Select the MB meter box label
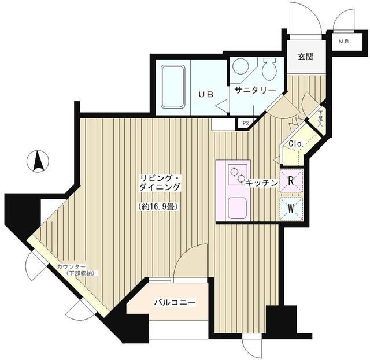[x=344, y=42]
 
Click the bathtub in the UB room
[x=173, y=86]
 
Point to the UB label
[x=206, y=94]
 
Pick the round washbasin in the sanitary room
[x=240, y=67]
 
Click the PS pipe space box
[x=246, y=123]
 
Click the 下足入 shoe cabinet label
[x=321, y=123]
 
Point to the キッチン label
[x=260, y=183]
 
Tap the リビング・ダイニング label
[x=160, y=183]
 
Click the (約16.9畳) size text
[x=157, y=206]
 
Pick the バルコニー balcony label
[x=175, y=302]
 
